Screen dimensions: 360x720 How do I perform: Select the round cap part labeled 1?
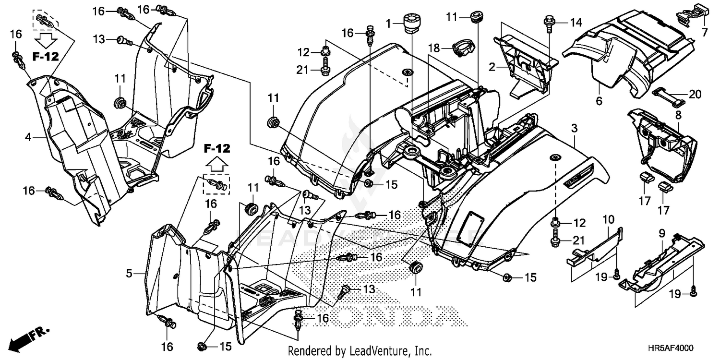click(x=411, y=23)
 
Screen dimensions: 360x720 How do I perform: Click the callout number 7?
click(x=704, y=33)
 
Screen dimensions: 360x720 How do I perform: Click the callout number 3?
click(x=575, y=128)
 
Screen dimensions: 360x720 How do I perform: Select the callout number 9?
click(x=661, y=234)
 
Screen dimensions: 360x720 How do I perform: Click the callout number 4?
click(x=28, y=137)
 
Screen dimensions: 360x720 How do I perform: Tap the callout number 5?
click(x=129, y=274)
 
